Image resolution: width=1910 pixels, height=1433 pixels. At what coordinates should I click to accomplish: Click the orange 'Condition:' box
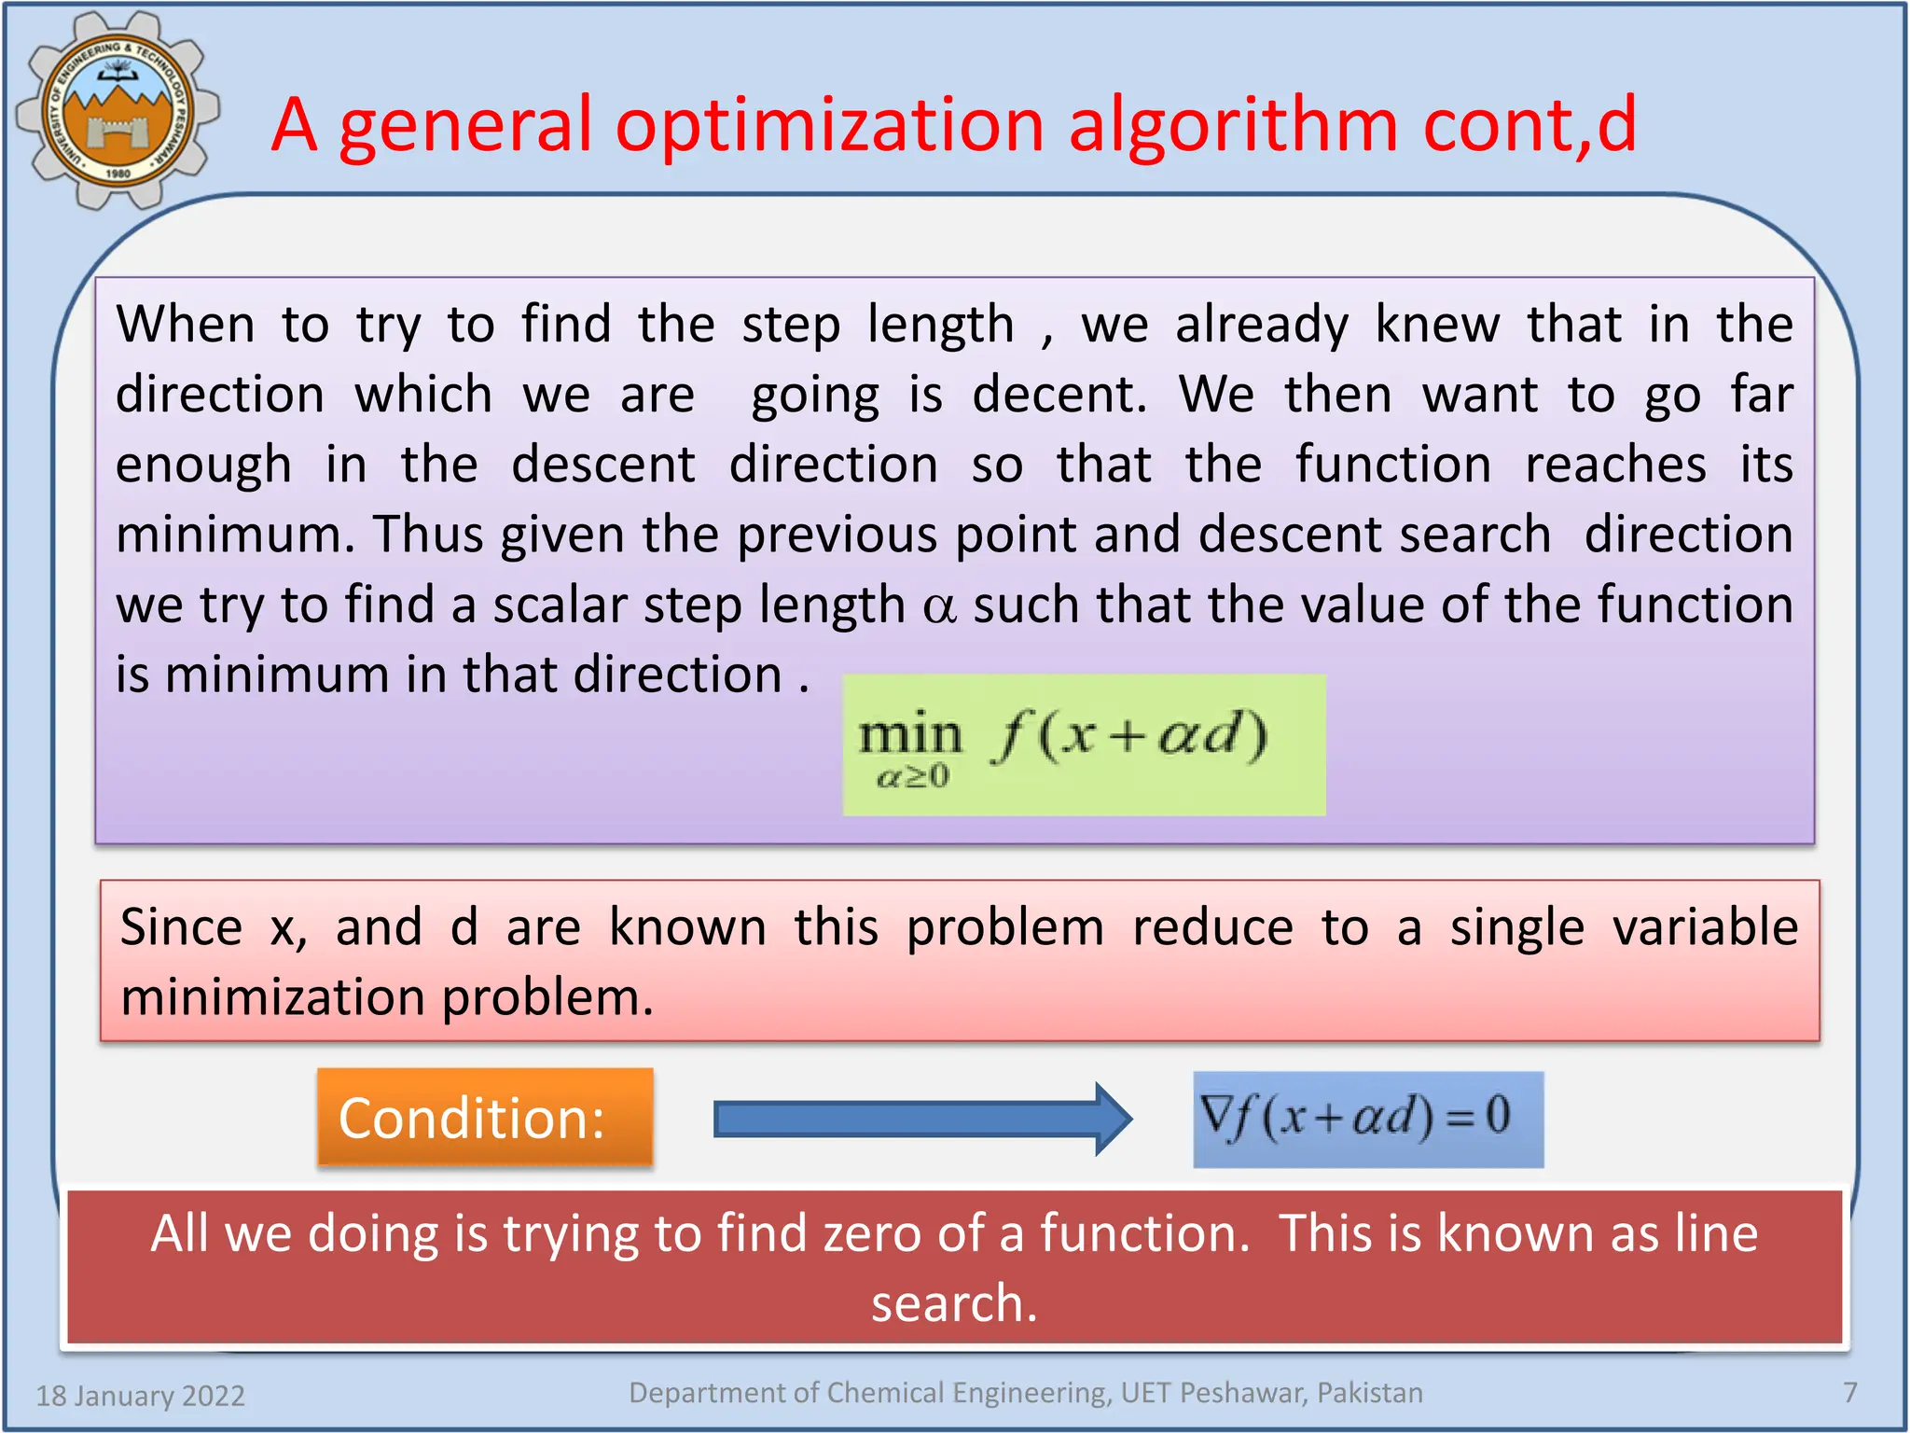pos(485,1118)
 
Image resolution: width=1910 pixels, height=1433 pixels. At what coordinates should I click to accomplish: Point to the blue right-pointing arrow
pos(922,1119)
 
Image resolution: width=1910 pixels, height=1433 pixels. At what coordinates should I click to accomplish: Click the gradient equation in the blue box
pos(1367,1119)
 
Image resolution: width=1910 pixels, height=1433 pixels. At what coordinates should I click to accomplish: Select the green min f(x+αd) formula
pos(1084,744)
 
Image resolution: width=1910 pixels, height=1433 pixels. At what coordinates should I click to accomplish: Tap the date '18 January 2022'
pos(141,1396)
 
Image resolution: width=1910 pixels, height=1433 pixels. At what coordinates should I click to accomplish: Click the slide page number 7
pos(1850,1393)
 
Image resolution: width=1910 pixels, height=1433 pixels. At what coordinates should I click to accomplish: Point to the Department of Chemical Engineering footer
pos(1026,1393)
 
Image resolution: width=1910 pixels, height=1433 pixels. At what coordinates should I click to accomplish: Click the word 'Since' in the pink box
pos(182,927)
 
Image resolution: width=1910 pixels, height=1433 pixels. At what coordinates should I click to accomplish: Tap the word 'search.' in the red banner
pos(954,1303)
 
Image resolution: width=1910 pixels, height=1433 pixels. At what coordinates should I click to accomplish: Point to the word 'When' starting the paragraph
pos(186,325)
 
